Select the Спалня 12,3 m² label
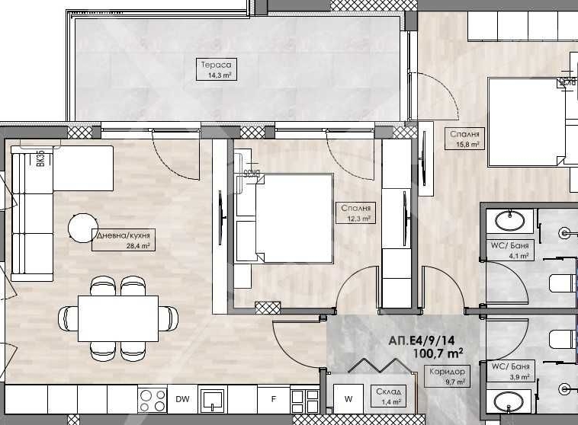356,212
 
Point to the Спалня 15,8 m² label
464,138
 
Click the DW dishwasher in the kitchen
182,398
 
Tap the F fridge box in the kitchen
273,398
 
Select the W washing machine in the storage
348,398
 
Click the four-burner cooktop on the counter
153,399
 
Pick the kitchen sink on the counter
212,399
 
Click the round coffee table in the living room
83,227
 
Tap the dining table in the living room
118,313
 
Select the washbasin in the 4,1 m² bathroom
509,222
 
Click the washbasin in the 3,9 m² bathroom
509,401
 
